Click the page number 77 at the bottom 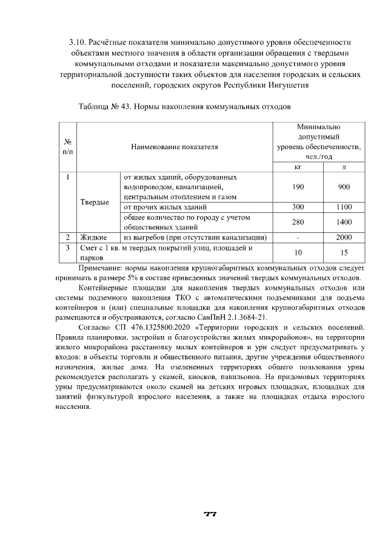click(x=210, y=514)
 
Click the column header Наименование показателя click(x=174, y=147)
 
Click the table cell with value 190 click(x=298, y=187)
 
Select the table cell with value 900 click(x=344, y=187)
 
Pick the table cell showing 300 click(x=298, y=207)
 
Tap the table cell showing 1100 click(x=344, y=207)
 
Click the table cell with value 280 click(x=298, y=222)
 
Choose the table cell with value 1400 click(x=344, y=222)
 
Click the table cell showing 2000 click(x=344, y=237)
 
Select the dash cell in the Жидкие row click(x=298, y=237)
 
